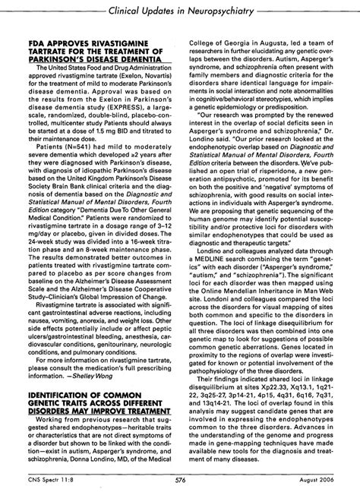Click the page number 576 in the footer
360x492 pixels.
tap(180, 481)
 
